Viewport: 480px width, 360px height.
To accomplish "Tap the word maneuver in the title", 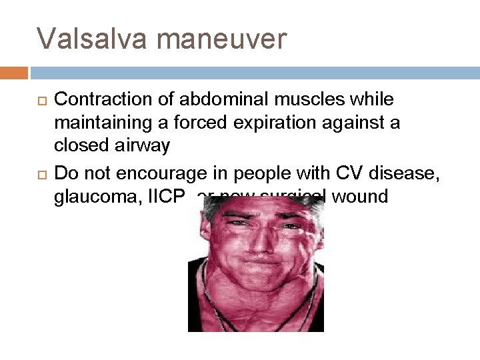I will (222, 39).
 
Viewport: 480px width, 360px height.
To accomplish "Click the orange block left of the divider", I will (14, 72).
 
